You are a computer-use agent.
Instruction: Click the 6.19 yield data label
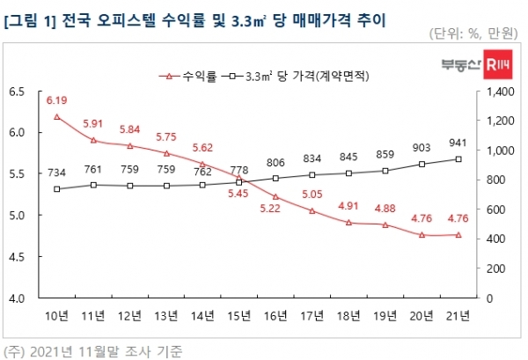56,102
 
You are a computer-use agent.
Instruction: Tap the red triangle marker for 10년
56,117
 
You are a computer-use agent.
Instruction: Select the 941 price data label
458,143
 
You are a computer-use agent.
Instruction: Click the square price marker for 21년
458,159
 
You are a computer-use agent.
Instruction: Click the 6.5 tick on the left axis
17,91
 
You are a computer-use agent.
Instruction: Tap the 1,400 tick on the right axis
493,91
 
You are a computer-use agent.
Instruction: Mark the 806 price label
275,163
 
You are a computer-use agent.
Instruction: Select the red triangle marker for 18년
348,223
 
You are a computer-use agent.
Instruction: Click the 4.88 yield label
385,209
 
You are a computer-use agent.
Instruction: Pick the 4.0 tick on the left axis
17,298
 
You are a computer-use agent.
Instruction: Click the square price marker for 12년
129,186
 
